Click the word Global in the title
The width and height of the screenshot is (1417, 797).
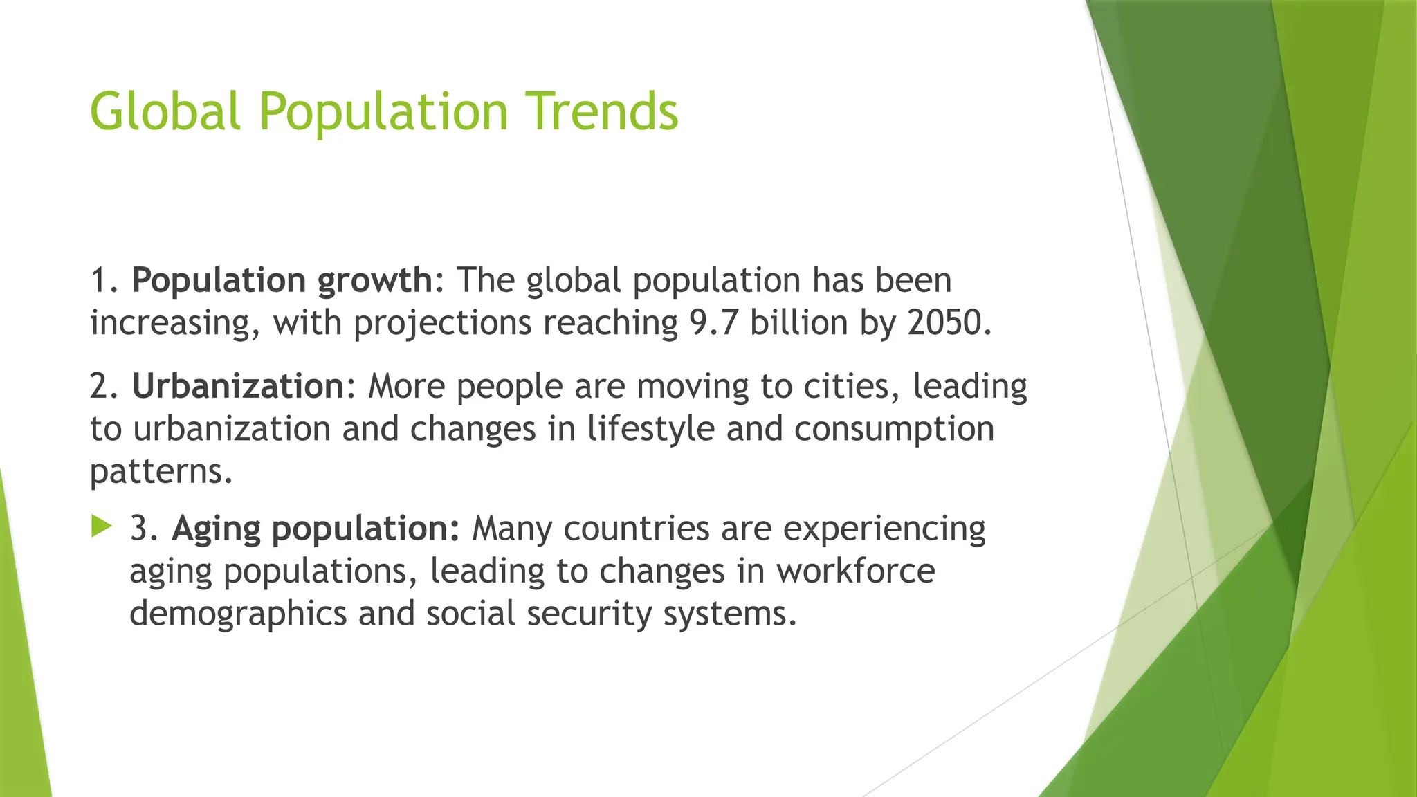165,112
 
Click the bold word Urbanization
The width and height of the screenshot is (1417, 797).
238,386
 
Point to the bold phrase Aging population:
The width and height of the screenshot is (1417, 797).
316,529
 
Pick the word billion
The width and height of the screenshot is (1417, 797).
799,323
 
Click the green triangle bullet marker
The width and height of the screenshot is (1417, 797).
101,527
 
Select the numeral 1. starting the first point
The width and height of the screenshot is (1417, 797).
104,281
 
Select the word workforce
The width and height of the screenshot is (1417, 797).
855,571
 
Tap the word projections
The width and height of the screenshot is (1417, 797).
442,323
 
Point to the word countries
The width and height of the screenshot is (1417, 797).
637,529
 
